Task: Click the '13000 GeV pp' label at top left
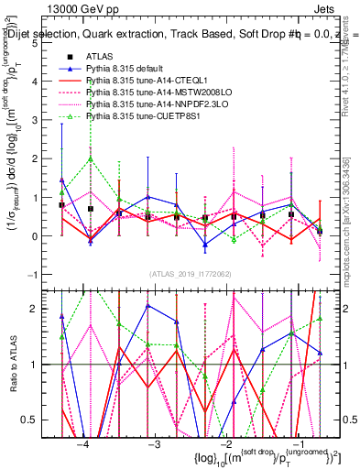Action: [77, 7]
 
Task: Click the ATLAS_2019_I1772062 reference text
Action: [189, 273]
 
